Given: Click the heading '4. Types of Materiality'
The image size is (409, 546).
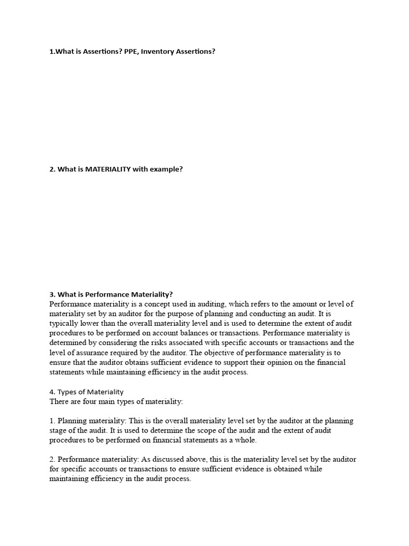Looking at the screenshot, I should (x=86, y=392).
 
